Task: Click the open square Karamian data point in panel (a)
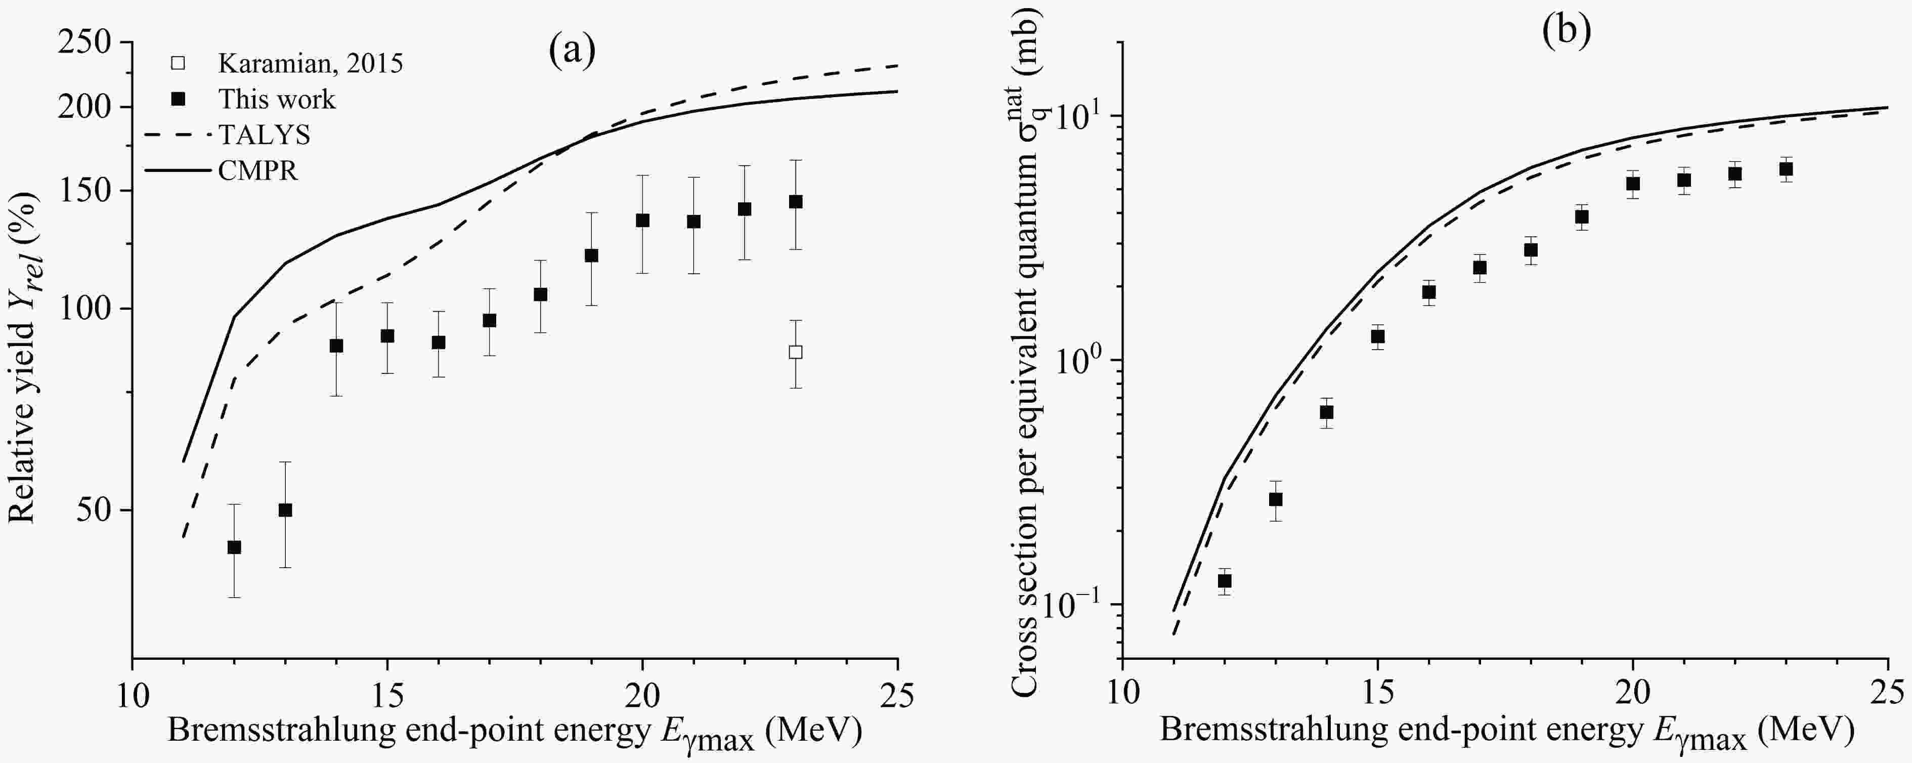point(795,352)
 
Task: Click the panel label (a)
point(572,51)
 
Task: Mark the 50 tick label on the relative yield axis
point(97,511)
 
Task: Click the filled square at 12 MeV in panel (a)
point(234,547)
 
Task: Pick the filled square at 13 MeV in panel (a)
point(285,510)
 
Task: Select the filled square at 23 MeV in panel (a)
point(795,201)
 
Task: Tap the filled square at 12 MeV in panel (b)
point(1225,580)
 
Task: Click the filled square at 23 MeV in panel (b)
point(1786,169)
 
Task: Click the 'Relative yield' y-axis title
point(22,356)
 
